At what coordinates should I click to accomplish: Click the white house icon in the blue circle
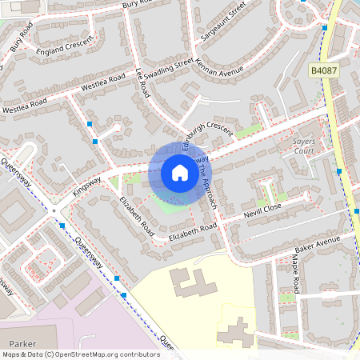pos(180,173)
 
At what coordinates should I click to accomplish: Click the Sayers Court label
pos(303,145)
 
